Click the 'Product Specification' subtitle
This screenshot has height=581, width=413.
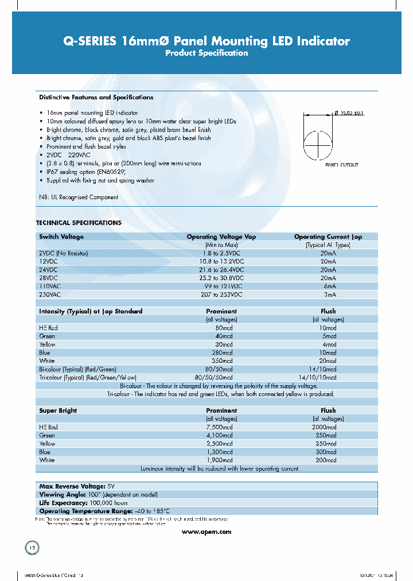pyautogui.click(x=206, y=53)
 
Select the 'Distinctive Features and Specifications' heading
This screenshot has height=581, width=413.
pyautogui.click(x=96, y=98)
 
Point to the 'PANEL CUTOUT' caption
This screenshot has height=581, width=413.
pyautogui.click(x=342, y=165)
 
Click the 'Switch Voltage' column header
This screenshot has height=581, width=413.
pyautogui.click(x=61, y=237)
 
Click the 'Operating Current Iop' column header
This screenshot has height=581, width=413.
pyautogui.click(x=328, y=237)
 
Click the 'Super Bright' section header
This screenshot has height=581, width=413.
pyautogui.click(x=58, y=410)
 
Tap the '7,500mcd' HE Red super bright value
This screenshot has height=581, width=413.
pyautogui.click(x=221, y=427)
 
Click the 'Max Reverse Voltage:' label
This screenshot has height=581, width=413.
pyautogui.click(x=64, y=486)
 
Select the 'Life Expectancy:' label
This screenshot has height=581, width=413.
pyautogui.click(x=60, y=502)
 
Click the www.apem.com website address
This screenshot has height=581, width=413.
pyautogui.click(x=206, y=532)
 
